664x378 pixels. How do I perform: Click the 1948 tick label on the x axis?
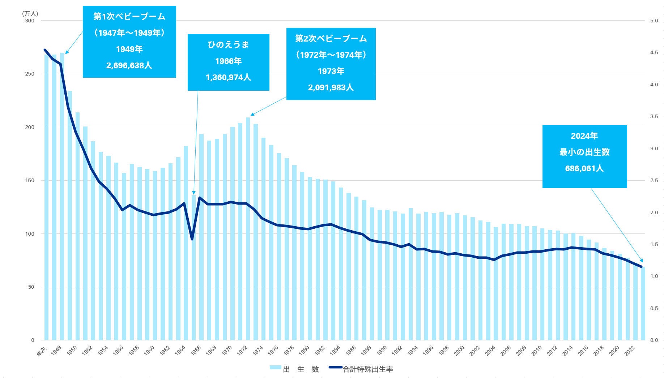point(57,350)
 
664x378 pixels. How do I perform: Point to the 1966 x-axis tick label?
point(196,350)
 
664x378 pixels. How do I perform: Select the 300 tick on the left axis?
point(30,21)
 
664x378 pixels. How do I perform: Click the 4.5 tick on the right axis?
point(654,52)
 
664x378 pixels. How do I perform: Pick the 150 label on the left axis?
point(30,180)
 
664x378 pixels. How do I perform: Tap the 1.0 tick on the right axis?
point(654,276)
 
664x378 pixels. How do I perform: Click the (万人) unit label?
point(30,14)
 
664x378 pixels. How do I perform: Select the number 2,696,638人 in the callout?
point(129,65)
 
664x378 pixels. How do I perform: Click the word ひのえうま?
point(228,44)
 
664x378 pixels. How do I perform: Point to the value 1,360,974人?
point(228,77)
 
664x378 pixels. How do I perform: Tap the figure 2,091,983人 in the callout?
point(331,87)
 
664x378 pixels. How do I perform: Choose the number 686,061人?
point(584,168)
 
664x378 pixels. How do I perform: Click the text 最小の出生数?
point(584,152)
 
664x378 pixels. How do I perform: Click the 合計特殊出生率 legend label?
point(367,369)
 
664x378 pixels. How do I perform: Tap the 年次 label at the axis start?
point(42,351)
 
